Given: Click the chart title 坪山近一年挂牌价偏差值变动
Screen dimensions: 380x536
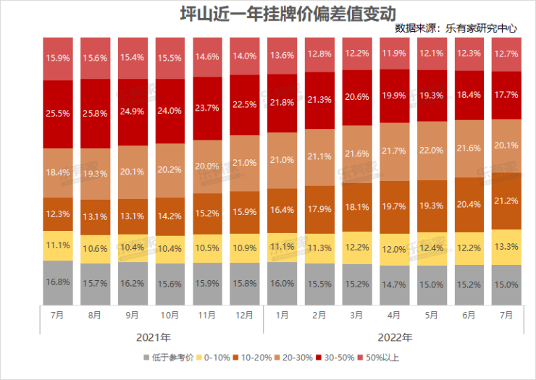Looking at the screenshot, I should pos(268,14).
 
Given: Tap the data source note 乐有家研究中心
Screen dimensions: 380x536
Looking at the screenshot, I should pos(456,30).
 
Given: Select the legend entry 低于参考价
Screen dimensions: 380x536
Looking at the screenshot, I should pos(169,358).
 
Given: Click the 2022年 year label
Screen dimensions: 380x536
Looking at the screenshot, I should pos(394,337).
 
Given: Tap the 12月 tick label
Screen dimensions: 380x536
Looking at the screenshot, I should pos(245,316).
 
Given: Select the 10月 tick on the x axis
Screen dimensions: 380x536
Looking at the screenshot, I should pos(169,316).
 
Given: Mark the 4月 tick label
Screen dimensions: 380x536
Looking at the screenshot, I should pos(394,316).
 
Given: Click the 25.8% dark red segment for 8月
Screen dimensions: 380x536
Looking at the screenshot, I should pos(95,112).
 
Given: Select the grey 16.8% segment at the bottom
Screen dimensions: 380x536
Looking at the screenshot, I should pos(57,282).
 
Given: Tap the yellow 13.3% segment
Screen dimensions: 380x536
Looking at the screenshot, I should pos(507,246).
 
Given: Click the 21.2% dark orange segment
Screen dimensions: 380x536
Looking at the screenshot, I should pos(507,200).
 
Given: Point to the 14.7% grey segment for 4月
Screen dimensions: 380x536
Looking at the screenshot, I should pos(394,284).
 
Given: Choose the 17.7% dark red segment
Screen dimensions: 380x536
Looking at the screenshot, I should pos(507,95).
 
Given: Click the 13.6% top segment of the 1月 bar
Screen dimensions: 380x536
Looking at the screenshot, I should pos(282,55).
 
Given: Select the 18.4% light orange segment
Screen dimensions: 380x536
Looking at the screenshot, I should pos(57,173).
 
